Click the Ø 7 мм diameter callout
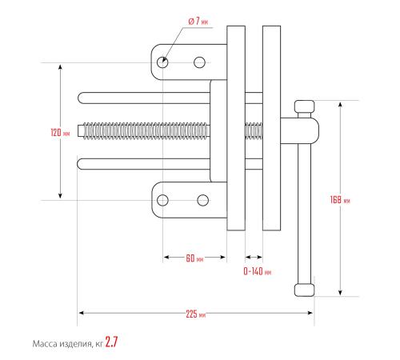pos(198,21)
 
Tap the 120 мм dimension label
pos(60,132)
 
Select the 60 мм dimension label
pos(194,258)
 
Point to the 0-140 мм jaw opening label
pos(258,271)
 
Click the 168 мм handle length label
pos(340,200)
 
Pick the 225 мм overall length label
pos(196,314)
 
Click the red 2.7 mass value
pos(111,342)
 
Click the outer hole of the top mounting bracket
pos(162,62)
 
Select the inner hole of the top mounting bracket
pos(199,62)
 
